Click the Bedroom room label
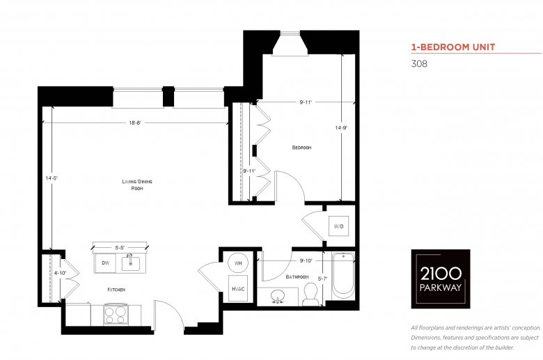coord(301,148)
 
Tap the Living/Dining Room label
coord(137,185)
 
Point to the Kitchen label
coord(116,290)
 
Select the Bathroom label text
coord(297,277)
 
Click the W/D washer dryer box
coord(339,226)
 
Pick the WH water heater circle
coord(238,263)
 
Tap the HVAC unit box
coord(238,288)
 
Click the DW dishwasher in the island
coord(105,263)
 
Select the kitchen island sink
coord(131,264)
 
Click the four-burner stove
coord(116,315)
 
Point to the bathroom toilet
coord(310,294)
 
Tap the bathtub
coord(343,276)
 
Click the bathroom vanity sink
coord(278,296)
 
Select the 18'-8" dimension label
coord(135,123)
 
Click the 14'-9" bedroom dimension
coord(341,128)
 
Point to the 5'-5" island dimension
coord(120,248)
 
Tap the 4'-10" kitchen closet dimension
coord(60,273)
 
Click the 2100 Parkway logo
coord(441,279)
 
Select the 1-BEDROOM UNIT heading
coord(453,47)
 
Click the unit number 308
coord(419,64)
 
